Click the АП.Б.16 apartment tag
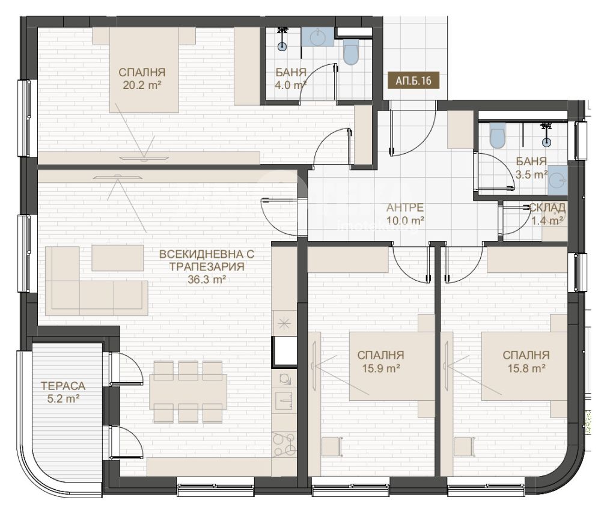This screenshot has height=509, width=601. [413, 81]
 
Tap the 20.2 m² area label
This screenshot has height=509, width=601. [142, 85]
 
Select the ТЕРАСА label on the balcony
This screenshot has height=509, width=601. [63, 386]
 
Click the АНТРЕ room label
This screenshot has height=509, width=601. [404, 207]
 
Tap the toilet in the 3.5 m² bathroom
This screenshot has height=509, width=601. [497, 136]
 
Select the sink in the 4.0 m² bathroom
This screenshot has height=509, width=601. [318, 37]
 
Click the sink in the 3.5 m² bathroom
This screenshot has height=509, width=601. [557, 180]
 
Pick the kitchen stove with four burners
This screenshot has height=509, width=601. [284, 444]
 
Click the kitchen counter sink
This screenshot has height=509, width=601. [284, 399]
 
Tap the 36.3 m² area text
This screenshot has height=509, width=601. [206, 279]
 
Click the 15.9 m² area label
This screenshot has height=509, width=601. [381, 368]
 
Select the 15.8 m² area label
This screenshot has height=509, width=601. [526, 368]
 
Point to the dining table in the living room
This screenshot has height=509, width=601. [188, 392]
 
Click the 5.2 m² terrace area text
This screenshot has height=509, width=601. [63, 399]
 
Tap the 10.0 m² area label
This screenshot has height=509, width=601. [404, 221]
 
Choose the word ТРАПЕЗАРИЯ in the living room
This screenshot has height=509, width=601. [207, 266]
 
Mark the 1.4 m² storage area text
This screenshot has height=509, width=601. [547, 221]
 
